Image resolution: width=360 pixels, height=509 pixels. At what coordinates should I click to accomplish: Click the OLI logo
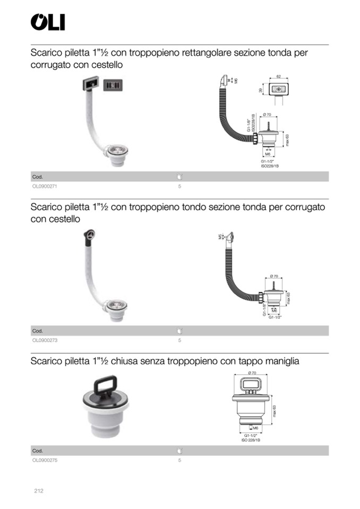[x=48, y=22]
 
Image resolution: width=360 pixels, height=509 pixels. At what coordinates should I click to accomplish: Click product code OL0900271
[x=45, y=187]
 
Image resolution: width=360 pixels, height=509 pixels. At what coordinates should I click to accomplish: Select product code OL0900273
[x=45, y=340]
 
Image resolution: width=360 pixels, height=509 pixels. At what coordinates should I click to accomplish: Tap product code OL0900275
[x=45, y=460]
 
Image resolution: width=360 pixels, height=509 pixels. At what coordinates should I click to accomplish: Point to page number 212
[x=38, y=491]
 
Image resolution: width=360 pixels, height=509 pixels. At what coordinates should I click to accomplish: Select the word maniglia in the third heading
[x=279, y=361]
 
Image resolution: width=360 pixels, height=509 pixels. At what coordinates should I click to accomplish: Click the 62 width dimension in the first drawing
[x=278, y=77]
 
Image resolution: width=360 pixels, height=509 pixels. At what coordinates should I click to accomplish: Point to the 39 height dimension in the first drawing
[x=261, y=90]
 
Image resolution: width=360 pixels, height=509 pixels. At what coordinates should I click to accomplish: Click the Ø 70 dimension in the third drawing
[x=252, y=373]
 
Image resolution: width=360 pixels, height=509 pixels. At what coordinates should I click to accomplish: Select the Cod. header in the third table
[x=37, y=451]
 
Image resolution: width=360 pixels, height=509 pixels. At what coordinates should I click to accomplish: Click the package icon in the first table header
[x=179, y=177]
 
